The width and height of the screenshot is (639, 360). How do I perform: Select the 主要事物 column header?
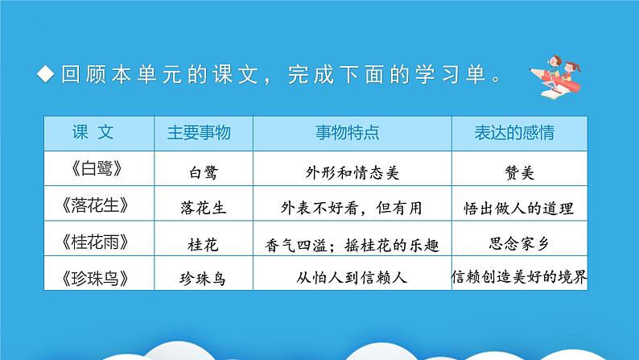(x=198, y=131)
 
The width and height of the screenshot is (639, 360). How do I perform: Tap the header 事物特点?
(x=347, y=131)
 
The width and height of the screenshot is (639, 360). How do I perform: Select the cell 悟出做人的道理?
(x=519, y=207)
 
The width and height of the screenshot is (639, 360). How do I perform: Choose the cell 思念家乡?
(x=519, y=242)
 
